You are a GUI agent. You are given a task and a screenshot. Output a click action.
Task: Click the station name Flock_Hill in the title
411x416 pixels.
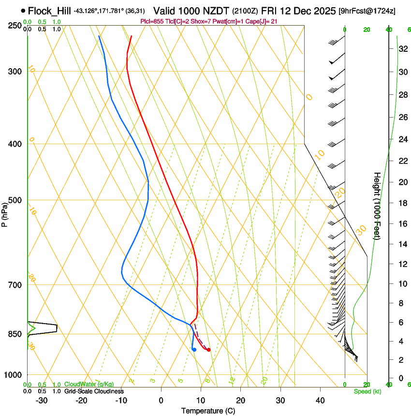tap(49, 11)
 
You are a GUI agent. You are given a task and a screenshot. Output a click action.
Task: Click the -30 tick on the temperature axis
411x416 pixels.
tap(42, 400)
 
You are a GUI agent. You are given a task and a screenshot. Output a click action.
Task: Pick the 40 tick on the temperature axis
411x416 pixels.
tap(320, 400)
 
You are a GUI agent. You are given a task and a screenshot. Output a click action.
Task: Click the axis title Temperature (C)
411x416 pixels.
tap(208, 411)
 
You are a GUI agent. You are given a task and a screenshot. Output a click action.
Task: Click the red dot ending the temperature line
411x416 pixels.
tap(208, 349)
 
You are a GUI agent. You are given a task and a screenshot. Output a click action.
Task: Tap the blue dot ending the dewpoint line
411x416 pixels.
tap(194, 349)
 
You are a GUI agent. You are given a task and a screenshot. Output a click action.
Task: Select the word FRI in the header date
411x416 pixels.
tap(269, 11)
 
